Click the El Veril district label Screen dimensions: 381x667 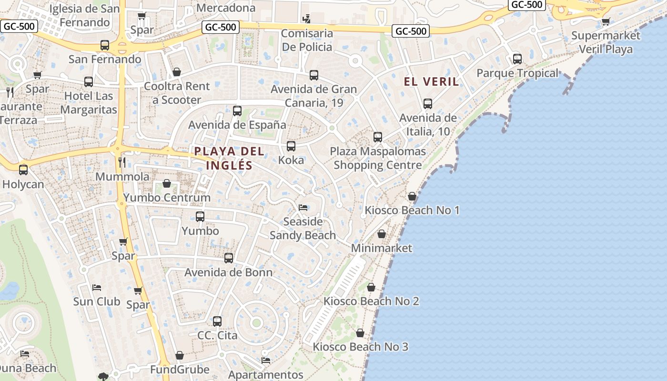pyautogui.click(x=432, y=81)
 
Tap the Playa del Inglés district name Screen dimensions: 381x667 pyautogui.click(x=229, y=158)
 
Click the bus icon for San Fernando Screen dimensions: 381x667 pyautogui.click(x=105, y=45)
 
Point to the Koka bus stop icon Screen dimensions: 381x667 pyautogui.click(x=291, y=146)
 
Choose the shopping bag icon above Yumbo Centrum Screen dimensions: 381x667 pyautogui.click(x=167, y=183)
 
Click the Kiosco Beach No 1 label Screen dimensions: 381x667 pyautogui.click(x=412, y=210)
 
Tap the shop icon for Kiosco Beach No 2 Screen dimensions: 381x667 pyautogui.click(x=371, y=287)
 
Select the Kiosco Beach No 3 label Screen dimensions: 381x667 pyautogui.click(x=361, y=347)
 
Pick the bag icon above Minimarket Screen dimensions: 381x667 pyautogui.click(x=382, y=234)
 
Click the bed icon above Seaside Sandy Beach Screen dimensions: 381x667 pyautogui.click(x=303, y=207)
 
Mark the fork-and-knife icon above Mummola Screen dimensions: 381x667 pyautogui.click(x=122, y=162)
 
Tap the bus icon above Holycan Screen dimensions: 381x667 pyautogui.click(x=23, y=170)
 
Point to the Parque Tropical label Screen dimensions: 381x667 pyautogui.click(x=517, y=73)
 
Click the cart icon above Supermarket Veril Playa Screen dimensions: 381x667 pyautogui.click(x=606, y=21)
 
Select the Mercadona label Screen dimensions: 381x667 pyautogui.click(x=226, y=8)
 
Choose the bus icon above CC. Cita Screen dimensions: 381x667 pyautogui.click(x=217, y=321)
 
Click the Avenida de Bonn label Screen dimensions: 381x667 pyautogui.click(x=229, y=272)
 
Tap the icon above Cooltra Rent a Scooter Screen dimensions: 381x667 pyautogui.click(x=177, y=72)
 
